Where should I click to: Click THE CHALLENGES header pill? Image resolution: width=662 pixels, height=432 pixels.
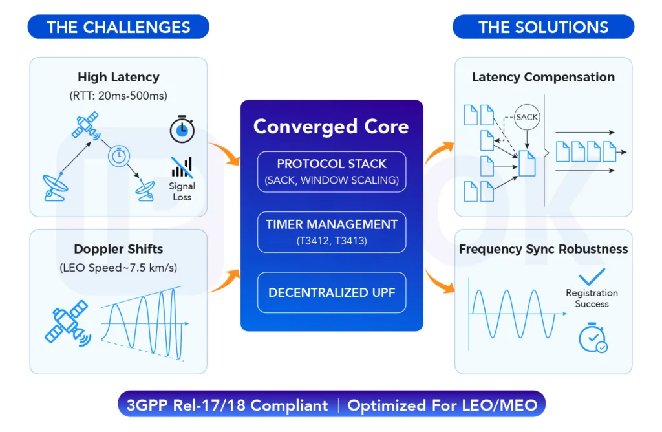click(x=118, y=27)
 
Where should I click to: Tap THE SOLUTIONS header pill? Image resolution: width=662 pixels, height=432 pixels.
click(x=543, y=27)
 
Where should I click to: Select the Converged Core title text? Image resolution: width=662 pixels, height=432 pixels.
click(x=331, y=126)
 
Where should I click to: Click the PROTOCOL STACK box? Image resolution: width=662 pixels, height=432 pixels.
click(x=332, y=171)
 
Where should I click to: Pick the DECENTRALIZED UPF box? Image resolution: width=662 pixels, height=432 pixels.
click(x=332, y=292)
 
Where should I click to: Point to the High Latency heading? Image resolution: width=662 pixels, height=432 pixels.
click(x=118, y=77)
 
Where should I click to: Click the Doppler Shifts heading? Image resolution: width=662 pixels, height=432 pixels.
click(x=118, y=249)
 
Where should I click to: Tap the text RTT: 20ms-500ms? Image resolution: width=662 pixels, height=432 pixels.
click(x=118, y=96)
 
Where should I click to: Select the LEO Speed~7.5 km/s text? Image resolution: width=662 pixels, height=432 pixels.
click(x=118, y=268)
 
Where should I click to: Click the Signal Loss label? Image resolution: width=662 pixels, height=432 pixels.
click(x=182, y=191)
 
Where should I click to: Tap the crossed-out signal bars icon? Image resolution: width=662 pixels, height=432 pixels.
click(x=182, y=167)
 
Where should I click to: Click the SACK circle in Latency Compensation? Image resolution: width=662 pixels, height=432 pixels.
click(x=528, y=117)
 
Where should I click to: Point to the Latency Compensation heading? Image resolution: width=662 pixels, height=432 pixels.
click(x=543, y=77)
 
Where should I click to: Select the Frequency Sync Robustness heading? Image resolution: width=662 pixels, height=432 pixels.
click(x=543, y=249)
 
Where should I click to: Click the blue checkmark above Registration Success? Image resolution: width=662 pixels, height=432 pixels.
click(x=592, y=277)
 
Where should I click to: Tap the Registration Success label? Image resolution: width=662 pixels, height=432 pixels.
click(x=592, y=298)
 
